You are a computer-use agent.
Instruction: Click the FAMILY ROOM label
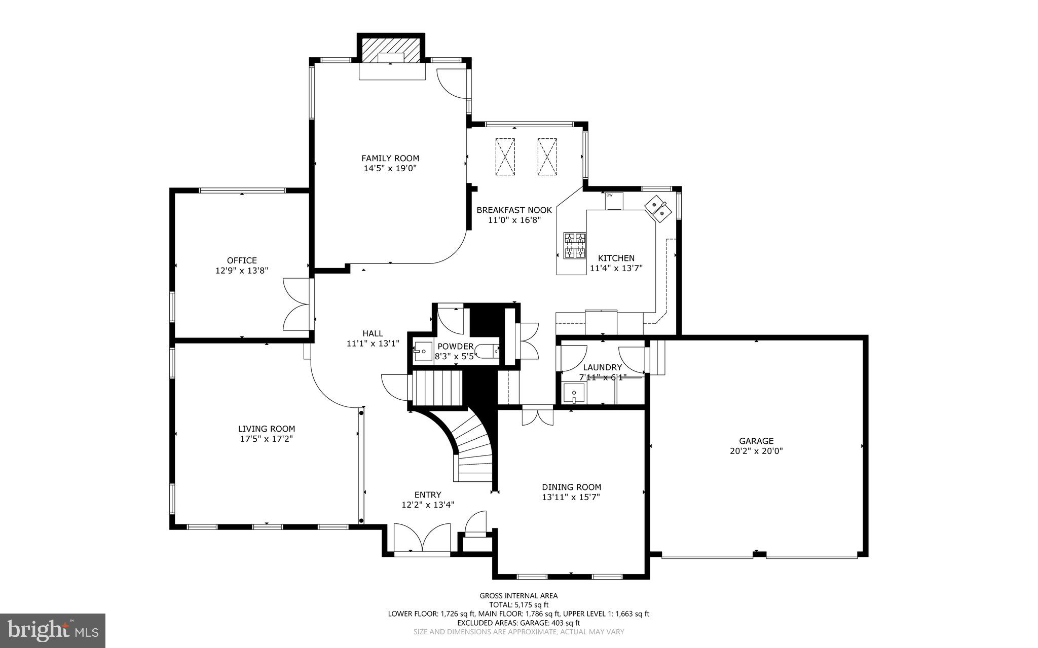(x=390, y=158)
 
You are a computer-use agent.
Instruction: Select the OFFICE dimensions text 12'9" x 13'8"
(x=241, y=271)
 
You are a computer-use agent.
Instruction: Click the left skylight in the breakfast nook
(x=504, y=157)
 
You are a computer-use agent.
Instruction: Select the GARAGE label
(x=756, y=441)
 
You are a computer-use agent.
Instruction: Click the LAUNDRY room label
(x=602, y=367)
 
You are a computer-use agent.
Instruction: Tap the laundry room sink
(x=574, y=393)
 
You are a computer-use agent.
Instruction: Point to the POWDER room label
(x=455, y=347)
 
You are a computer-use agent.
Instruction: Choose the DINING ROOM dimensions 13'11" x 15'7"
(x=571, y=497)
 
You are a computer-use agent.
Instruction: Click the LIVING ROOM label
(x=267, y=429)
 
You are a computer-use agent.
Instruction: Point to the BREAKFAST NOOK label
(x=514, y=210)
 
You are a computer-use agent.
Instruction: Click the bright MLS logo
(x=53, y=630)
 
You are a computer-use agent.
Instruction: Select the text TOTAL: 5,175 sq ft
(x=518, y=604)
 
